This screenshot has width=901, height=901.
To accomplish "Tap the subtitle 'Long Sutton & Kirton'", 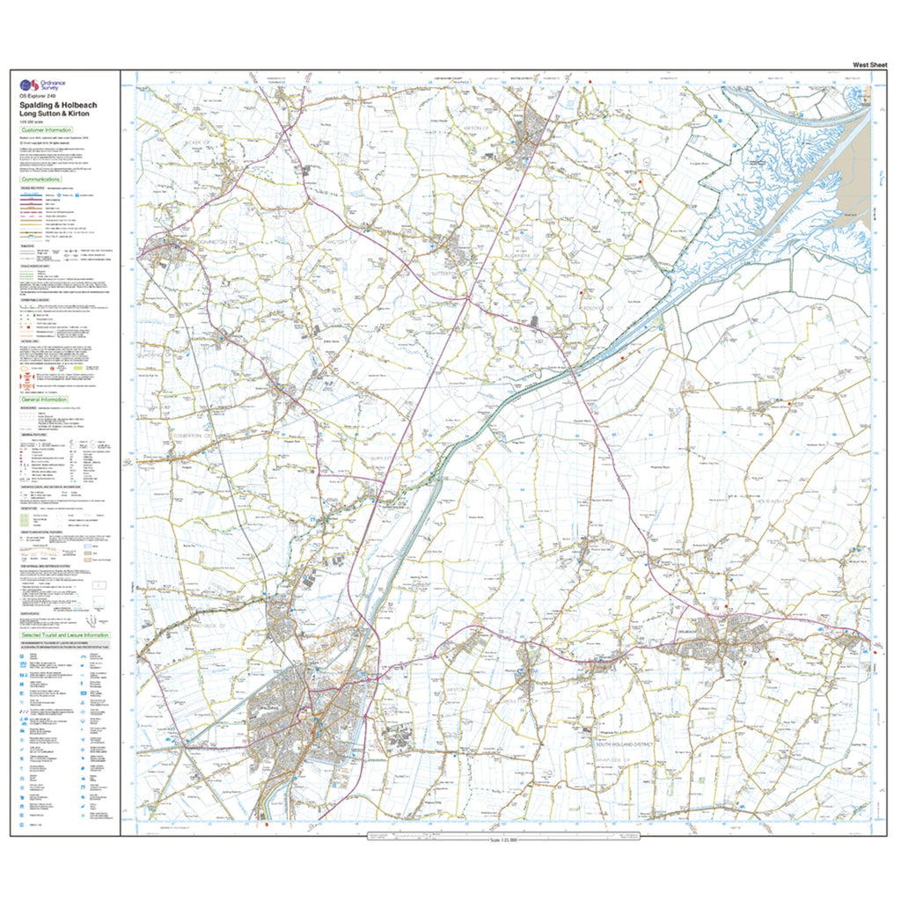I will click(x=56, y=114).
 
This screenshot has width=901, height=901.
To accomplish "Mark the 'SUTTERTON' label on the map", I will click(x=456, y=261).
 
